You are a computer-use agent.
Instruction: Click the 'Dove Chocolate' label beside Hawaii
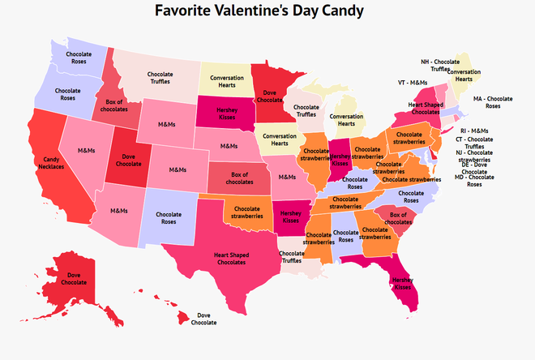203,319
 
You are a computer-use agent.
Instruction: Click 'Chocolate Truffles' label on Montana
160,78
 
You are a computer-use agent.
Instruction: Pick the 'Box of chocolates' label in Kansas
238,178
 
